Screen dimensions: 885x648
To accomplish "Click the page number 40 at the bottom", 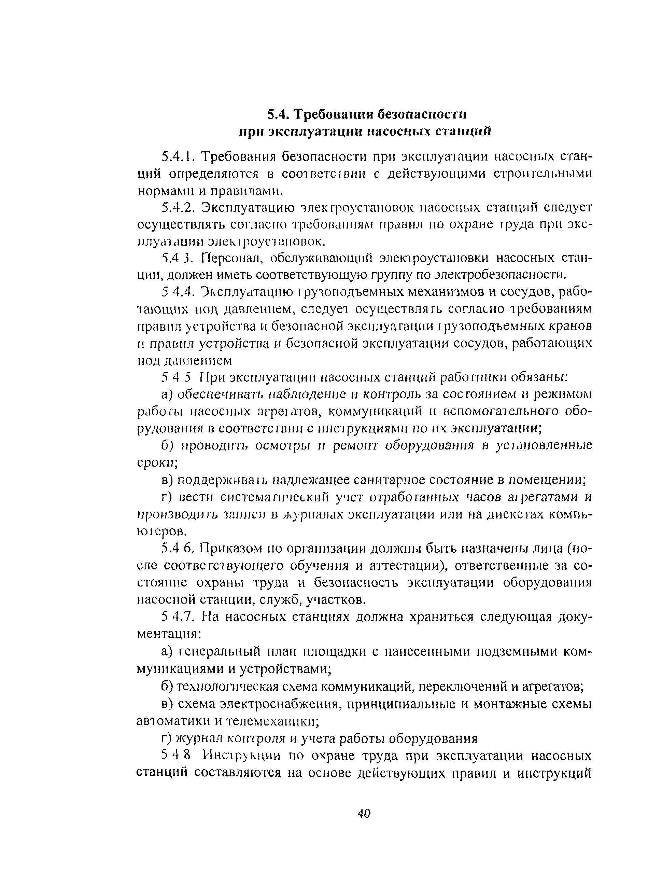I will (x=364, y=814).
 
